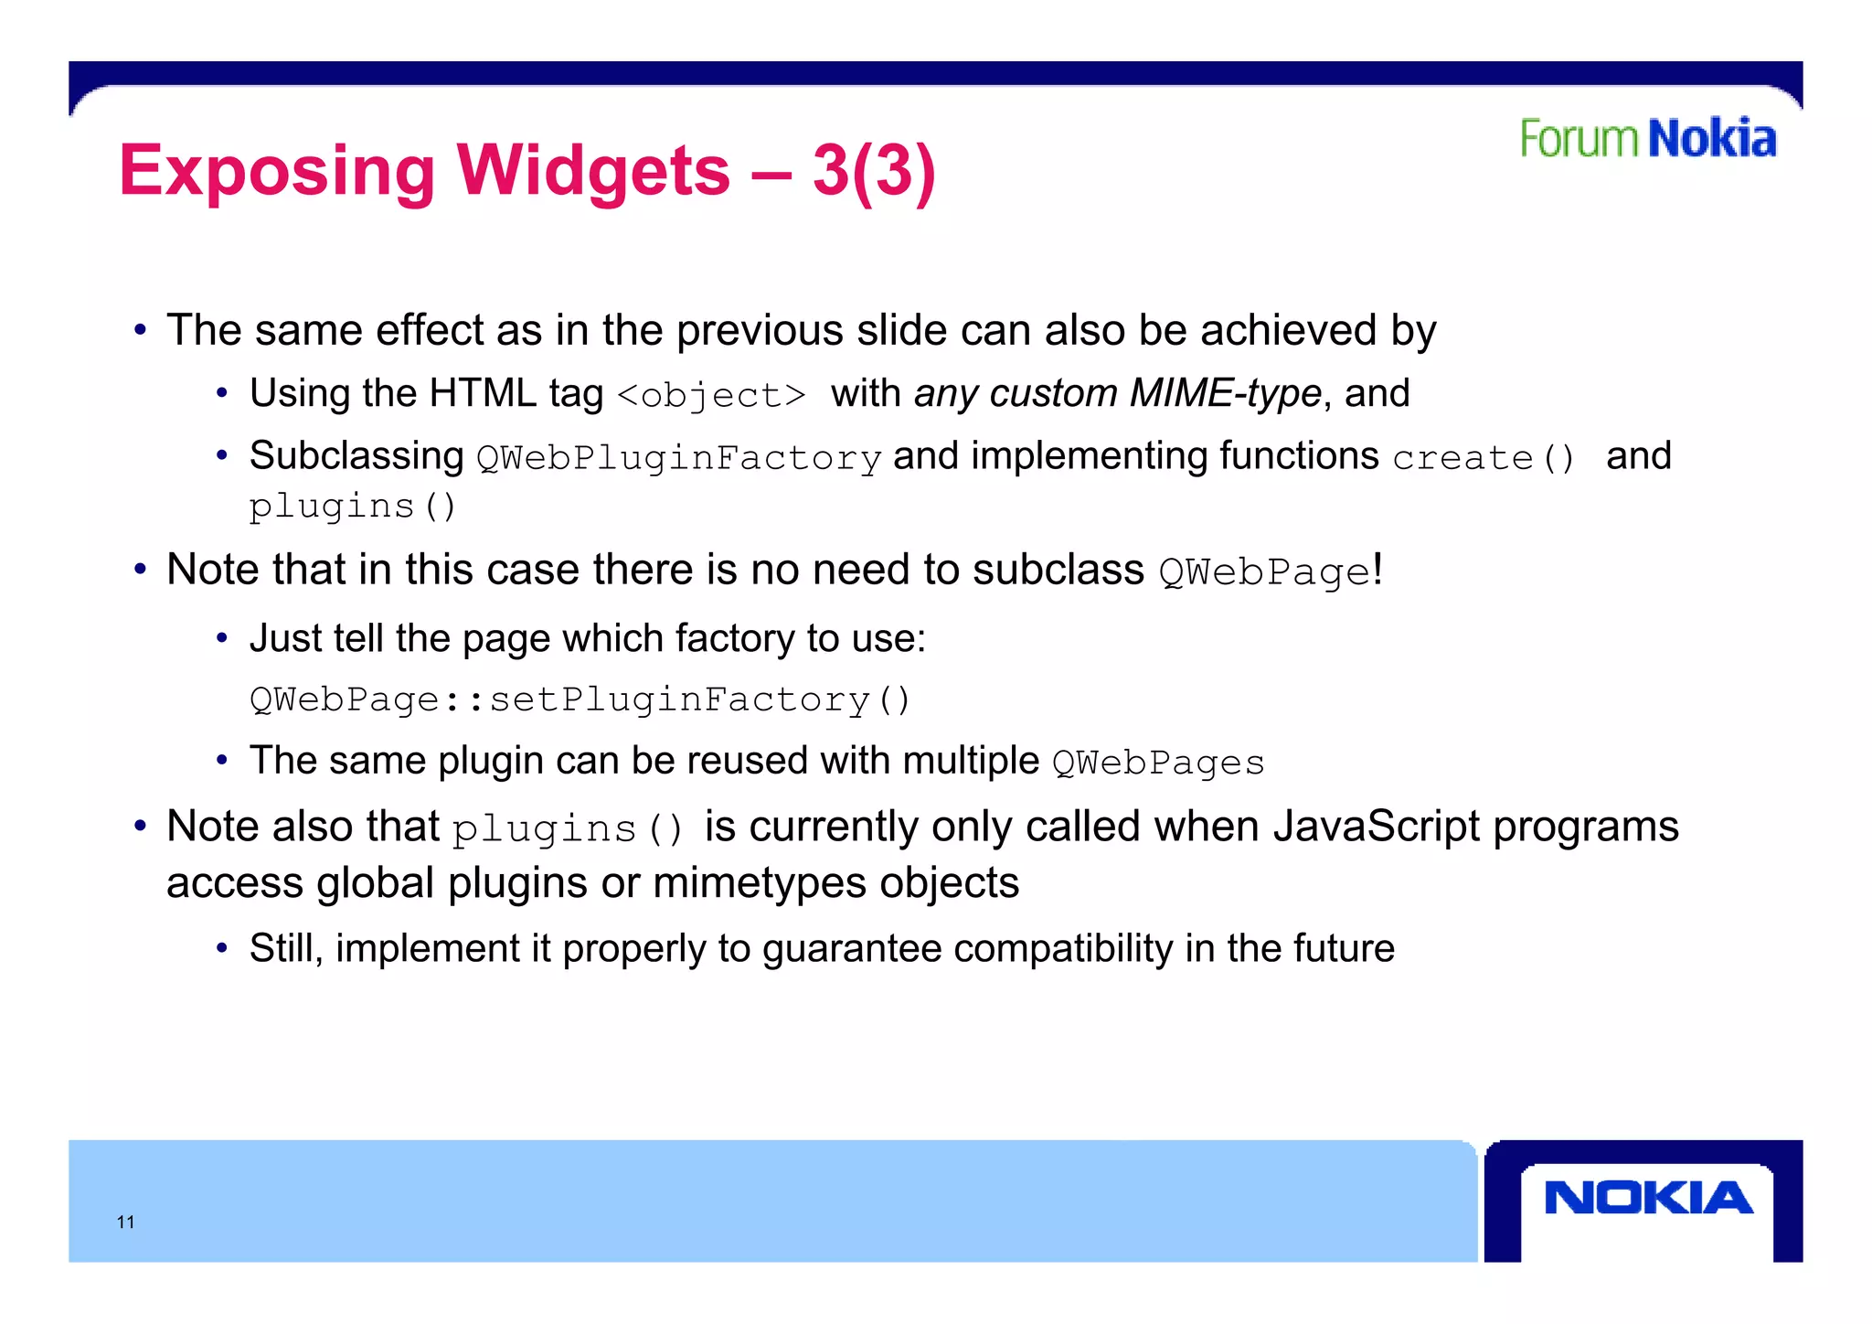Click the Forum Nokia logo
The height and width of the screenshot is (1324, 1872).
[x=1647, y=139]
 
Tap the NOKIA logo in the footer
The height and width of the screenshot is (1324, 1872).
[x=1647, y=1198]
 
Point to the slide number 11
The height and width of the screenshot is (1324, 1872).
[x=126, y=1223]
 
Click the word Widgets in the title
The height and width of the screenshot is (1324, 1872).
[x=593, y=171]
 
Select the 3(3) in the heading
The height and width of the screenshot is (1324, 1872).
[x=874, y=171]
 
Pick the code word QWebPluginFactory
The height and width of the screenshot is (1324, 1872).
[x=678, y=458]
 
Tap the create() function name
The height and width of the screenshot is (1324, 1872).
[x=1483, y=458]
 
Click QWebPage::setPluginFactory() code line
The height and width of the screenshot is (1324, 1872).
[x=580, y=700]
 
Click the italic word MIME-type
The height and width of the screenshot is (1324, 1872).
[x=1225, y=394]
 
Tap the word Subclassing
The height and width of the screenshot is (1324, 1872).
[x=356, y=456]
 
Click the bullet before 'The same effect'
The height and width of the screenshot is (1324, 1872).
[x=140, y=330]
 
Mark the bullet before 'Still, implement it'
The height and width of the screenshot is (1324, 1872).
[x=221, y=948]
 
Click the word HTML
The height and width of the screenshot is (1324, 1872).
[x=483, y=394]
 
